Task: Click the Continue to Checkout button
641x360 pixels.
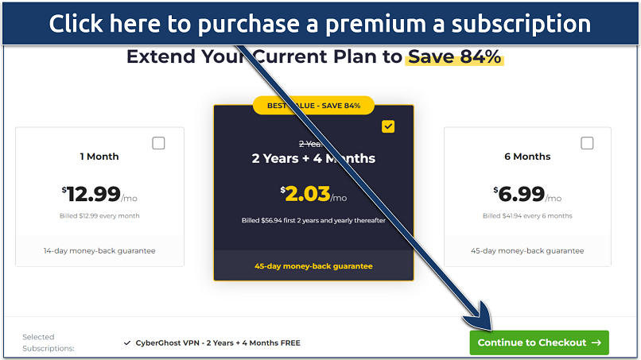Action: click(x=539, y=343)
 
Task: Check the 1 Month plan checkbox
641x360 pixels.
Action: click(x=158, y=143)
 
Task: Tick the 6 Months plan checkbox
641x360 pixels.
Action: click(x=587, y=143)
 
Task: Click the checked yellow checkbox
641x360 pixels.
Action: click(x=388, y=126)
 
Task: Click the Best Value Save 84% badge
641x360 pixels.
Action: click(x=313, y=106)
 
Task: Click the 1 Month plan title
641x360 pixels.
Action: click(x=99, y=157)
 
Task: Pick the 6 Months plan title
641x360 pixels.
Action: click(x=527, y=157)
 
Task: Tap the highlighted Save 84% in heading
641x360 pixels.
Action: click(x=455, y=57)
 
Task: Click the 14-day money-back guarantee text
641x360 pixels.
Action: click(x=99, y=251)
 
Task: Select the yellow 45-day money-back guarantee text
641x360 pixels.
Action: click(x=313, y=266)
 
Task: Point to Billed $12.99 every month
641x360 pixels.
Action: click(x=99, y=215)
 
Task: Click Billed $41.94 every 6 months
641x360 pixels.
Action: click(x=527, y=215)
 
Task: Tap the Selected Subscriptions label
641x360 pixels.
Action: click(x=48, y=343)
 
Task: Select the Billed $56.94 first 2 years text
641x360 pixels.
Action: click(x=313, y=220)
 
